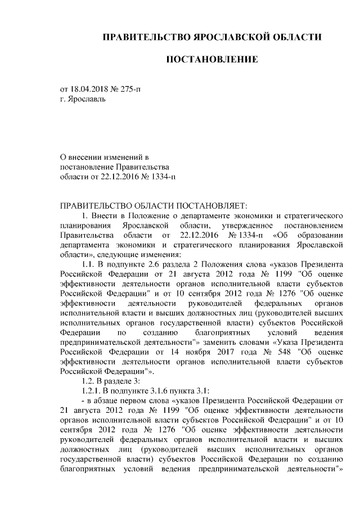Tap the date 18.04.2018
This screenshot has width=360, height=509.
pos(89,89)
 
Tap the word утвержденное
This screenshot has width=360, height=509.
pos(240,225)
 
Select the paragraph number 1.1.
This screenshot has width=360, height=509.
pos(88,264)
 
